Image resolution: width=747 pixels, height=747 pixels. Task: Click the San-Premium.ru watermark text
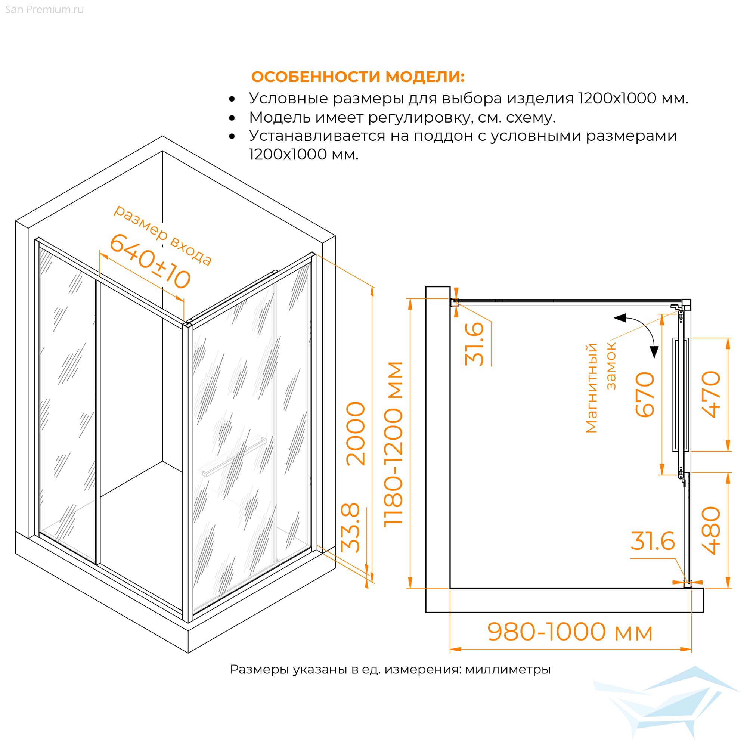44,10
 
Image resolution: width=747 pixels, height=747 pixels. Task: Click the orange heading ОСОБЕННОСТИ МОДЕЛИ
358,77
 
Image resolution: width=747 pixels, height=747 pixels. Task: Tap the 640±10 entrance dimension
150,262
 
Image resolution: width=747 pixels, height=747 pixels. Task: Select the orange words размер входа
162,235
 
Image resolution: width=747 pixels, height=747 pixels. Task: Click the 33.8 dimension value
350,528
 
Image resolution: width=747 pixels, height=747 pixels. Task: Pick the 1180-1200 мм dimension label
393,444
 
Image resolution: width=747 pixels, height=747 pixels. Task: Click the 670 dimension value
645,394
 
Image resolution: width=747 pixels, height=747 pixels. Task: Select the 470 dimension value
711,394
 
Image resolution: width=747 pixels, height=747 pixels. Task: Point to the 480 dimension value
711,530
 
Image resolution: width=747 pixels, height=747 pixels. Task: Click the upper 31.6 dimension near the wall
474,344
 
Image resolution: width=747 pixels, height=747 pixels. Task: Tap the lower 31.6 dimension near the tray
653,541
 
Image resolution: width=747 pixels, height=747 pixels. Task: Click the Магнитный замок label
601,387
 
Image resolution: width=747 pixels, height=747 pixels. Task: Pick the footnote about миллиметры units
390,669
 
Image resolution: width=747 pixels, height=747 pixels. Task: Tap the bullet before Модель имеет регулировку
232,118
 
